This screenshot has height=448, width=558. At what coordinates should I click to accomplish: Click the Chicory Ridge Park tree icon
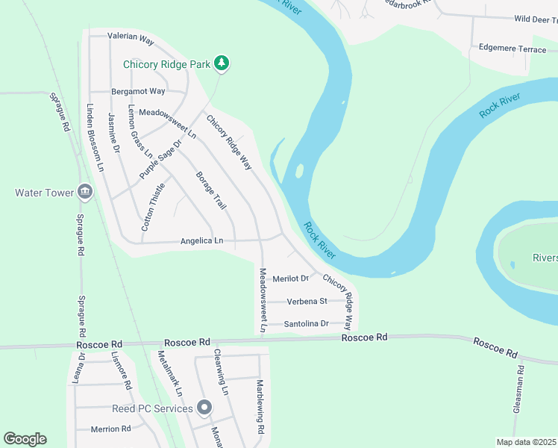[221, 64]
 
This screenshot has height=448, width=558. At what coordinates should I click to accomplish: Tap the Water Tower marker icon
[85, 193]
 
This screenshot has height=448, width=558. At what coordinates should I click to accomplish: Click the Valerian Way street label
[131, 35]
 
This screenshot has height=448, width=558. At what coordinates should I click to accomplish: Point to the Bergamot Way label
[138, 91]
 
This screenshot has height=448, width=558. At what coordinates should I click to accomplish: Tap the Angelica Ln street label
[201, 240]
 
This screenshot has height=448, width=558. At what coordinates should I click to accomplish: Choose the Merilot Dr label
[290, 279]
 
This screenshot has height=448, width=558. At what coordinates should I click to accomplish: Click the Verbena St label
[307, 302]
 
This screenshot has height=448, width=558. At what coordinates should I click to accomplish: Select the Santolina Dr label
[307, 324]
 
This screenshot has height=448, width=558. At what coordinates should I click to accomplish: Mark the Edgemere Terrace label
[512, 48]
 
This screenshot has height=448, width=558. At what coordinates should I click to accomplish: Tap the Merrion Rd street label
[110, 429]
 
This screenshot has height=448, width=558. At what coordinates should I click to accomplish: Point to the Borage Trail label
[210, 190]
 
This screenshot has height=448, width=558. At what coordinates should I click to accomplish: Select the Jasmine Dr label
[113, 133]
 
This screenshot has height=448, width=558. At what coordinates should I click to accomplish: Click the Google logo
[25, 439]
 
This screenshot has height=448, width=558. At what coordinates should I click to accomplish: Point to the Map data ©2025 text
[527, 442]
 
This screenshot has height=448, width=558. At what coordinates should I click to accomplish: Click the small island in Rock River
[299, 171]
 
